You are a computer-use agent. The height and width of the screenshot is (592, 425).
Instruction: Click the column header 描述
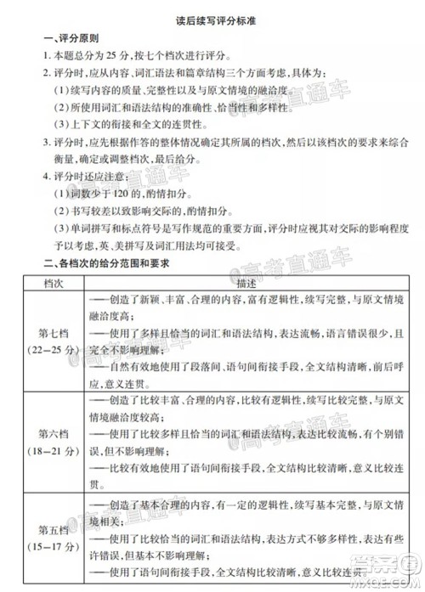point(236,282)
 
